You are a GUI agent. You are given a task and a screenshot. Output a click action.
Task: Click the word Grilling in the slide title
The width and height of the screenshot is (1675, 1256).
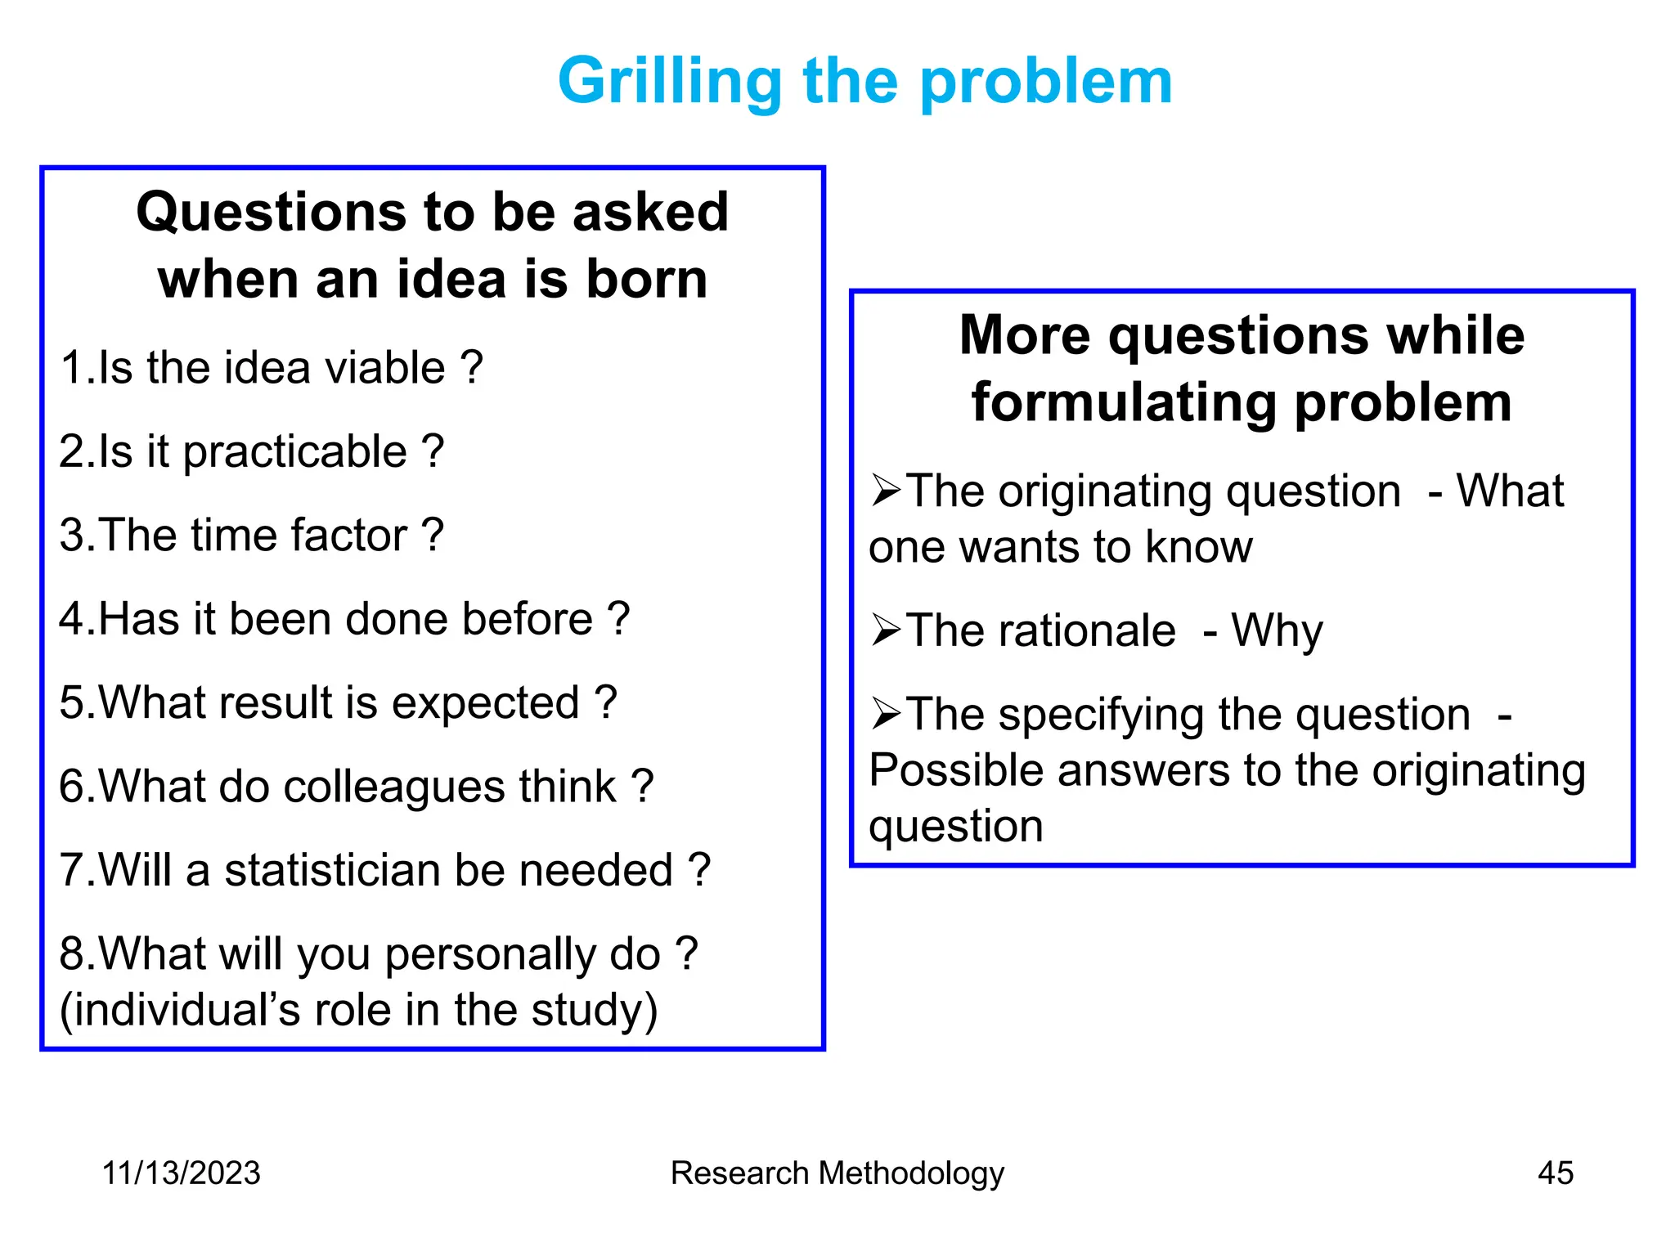click(x=669, y=82)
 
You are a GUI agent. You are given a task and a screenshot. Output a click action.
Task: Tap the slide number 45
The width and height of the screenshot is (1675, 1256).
click(x=1555, y=1173)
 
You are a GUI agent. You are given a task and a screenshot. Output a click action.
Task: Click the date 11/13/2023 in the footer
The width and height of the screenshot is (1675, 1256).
click(x=181, y=1173)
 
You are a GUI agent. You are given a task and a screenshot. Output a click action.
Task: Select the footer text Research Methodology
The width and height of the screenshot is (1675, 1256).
click(x=837, y=1173)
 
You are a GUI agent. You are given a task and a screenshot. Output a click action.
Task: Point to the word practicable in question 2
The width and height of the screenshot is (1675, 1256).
click(x=294, y=452)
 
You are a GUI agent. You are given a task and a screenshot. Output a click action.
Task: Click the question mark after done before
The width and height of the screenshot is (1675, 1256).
click(x=619, y=619)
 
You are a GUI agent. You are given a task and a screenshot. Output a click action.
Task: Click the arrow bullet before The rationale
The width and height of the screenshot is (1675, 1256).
click(x=886, y=630)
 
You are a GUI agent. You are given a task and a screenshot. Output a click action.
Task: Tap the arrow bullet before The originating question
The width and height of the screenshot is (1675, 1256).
click(x=886, y=491)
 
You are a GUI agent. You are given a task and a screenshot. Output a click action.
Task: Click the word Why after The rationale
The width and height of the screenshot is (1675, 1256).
click(x=1277, y=631)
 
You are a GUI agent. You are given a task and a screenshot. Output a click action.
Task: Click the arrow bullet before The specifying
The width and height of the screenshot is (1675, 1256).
click(x=886, y=714)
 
